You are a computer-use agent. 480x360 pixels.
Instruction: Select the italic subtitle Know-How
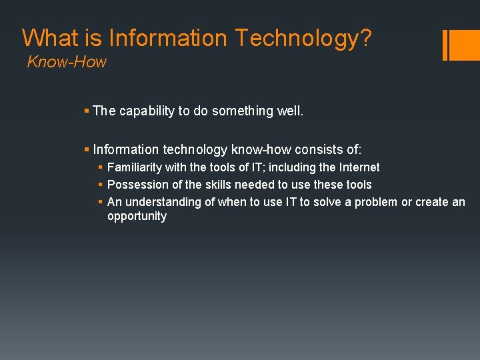[x=67, y=63]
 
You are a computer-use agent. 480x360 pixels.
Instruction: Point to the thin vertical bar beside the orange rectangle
[x=445, y=45]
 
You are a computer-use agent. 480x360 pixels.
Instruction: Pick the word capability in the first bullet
[x=147, y=111]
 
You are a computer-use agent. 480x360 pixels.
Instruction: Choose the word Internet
[x=358, y=167]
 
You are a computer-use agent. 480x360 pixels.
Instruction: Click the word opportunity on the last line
[x=137, y=217]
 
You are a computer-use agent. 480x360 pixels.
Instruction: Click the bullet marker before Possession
[x=100, y=185]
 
